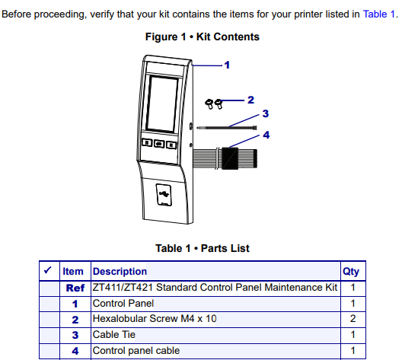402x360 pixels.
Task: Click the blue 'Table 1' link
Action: pyautogui.click(x=378, y=14)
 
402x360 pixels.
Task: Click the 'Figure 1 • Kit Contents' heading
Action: pyautogui.click(x=203, y=37)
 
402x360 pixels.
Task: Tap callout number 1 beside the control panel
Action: pyautogui.click(x=227, y=65)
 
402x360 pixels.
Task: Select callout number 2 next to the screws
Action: pyautogui.click(x=250, y=100)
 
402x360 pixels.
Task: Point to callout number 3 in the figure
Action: pyautogui.click(x=266, y=113)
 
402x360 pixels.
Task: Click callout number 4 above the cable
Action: pyautogui.click(x=266, y=135)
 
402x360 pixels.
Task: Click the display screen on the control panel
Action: pyautogui.click(x=162, y=104)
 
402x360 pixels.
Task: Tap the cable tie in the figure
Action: pyautogui.click(x=227, y=128)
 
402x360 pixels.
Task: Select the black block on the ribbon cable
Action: pyautogui.click(x=230, y=158)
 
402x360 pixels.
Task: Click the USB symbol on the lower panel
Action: pyautogui.click(x=164, y=194)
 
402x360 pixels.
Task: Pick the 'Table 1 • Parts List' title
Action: pyautogui.click(x=203, y=248)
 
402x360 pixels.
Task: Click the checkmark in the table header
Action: pyautogui.click(x=48, y=270)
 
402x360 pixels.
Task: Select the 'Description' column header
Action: pyautogui.click(x=120, y=272)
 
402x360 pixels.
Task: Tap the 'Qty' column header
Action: pyautogui.click(x=351, y=272)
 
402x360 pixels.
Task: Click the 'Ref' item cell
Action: pyautogui.click(x=75, y=288)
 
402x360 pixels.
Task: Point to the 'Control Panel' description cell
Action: pyautogui.click(x=123, y=304)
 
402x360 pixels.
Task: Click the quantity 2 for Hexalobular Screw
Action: pyautogui.click(x=353, y=318)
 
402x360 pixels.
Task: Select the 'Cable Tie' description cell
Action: pyautogui.click(x=114, y=335)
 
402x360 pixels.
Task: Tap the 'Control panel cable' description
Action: pyautogui.click(x=136, y=351)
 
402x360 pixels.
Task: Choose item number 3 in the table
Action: pyautogui.click(x=75, y=335)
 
